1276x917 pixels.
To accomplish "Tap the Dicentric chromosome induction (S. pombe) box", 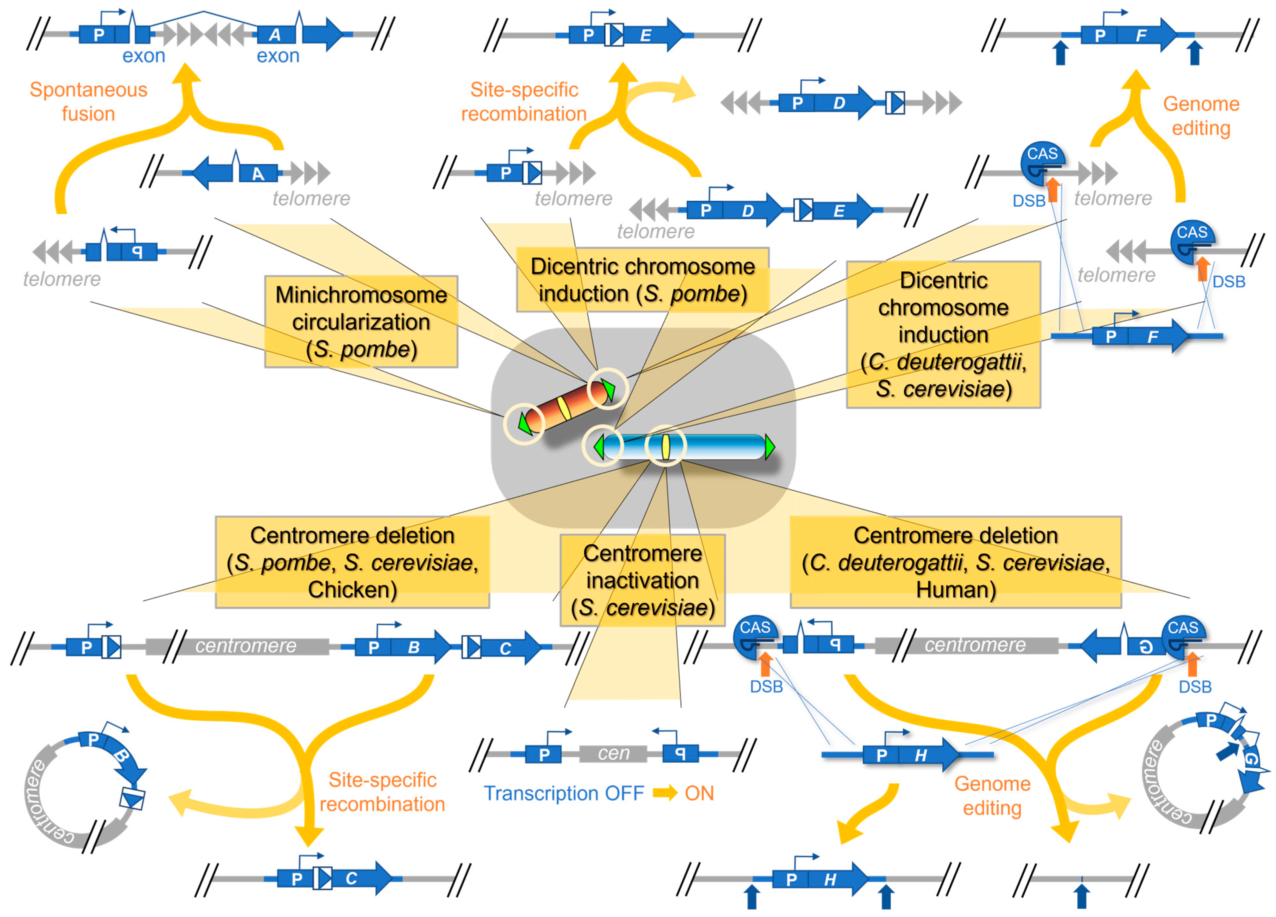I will click(642, 280).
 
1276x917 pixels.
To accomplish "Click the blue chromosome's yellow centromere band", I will click(666, 447).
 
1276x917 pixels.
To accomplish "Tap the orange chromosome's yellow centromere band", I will click(564, 409).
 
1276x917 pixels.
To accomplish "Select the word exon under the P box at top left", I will click(144, 56).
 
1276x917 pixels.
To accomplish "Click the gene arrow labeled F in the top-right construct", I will click(1148, 35).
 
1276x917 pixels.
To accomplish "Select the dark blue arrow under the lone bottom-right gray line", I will click(1081, 896).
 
